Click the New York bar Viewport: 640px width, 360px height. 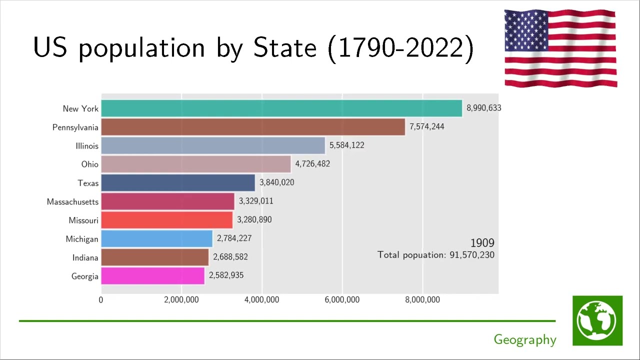tap(281, 108)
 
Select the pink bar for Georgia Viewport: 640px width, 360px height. tap(152, 275)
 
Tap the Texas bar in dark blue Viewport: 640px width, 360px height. tap(178, 182)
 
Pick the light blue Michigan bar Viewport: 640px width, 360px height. tap(156, 238)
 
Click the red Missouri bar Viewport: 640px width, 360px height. tap(167, 220)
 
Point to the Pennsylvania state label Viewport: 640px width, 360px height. tap(75, 127)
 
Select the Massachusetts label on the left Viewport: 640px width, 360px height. tap(72, 202)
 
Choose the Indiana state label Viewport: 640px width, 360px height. tap(85, 257)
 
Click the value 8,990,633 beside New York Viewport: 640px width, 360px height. tap(483, 108)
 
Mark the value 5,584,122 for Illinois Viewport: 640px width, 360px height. tap(346, 145)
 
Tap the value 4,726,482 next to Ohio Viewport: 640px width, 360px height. tap(312, 164)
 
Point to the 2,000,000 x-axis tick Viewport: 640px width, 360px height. tap(181, 300)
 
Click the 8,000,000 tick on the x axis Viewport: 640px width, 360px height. tap(422, 300)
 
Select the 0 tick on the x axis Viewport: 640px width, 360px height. tap(101, 300)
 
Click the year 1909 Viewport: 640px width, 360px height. tap(482, 243)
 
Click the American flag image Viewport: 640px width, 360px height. tap(560, 48)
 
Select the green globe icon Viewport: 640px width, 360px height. tap(597, 320)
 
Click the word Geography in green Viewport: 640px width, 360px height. tap(524, 340)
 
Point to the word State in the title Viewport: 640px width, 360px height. tap(285, 48)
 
